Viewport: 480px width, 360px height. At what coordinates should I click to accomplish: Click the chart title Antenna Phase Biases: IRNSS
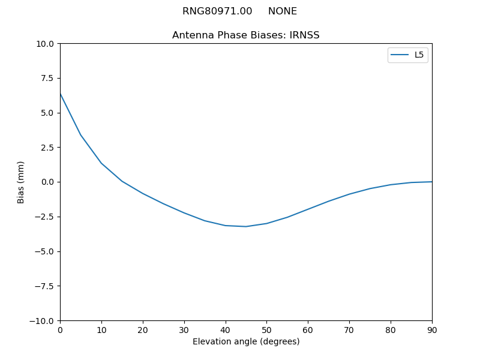[245, 35]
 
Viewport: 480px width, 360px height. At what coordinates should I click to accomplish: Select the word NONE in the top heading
[283, 11]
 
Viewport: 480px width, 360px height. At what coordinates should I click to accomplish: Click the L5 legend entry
[419, 55]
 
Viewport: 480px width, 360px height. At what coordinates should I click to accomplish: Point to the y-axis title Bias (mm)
[21, 182]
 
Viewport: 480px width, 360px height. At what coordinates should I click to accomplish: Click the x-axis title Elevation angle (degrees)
[245, 341]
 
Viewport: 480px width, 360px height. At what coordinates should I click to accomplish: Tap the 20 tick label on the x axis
[143, 329]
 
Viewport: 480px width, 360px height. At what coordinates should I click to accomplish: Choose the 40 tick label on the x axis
[225, 329]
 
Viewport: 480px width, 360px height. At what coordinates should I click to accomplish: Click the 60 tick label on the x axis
[308, 329]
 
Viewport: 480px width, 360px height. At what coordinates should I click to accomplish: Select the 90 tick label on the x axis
[431, 329]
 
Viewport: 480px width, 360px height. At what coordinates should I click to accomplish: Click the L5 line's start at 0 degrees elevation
[60, 94]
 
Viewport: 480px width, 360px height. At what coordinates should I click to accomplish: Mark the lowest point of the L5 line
[246, 226]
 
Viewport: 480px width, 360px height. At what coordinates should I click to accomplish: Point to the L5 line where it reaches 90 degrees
[431, 182]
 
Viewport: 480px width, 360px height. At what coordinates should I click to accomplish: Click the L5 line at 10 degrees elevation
[101, 163]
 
